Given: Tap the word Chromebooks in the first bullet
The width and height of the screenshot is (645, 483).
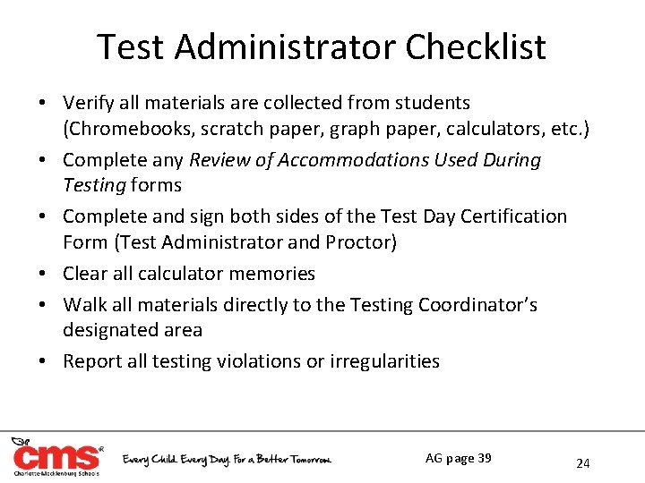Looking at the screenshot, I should point(122,128).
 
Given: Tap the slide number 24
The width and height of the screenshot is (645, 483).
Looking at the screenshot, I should point(583,463).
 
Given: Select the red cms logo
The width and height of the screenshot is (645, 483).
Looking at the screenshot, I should point(56,456).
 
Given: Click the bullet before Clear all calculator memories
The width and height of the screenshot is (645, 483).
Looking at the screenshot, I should point(44,274).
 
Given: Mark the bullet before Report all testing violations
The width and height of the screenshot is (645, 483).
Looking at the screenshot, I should point(44,361).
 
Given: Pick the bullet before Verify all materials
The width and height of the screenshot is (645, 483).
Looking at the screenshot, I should point(44,104).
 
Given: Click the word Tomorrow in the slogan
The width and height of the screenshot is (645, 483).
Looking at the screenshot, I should point(305,459).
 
